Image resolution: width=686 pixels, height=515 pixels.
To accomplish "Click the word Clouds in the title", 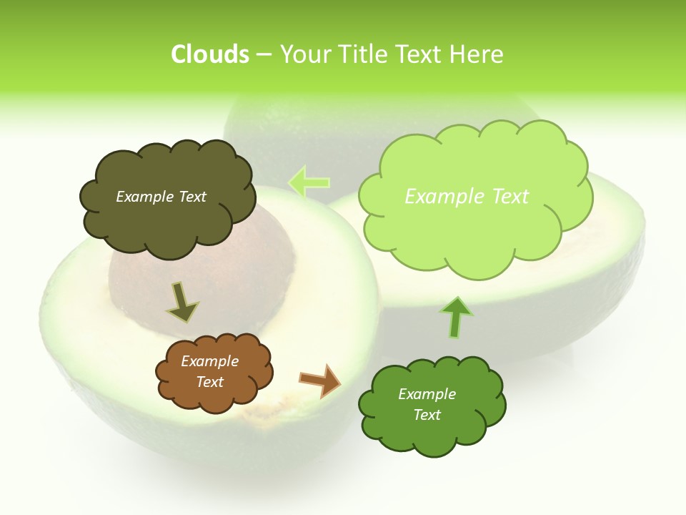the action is [x=209, y=54].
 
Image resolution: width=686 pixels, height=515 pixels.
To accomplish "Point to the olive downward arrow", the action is [x=182, y=302].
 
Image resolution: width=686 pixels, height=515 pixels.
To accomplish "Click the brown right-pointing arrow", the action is [x=320, y=380].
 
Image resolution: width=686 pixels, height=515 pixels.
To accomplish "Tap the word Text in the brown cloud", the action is [x=210, y=382].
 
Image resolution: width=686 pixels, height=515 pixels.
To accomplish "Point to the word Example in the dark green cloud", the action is [x=427, y=394].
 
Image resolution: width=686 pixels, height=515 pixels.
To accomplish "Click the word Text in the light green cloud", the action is [x=505, y=197].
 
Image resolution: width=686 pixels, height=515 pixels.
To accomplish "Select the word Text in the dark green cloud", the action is [x=427, y=415].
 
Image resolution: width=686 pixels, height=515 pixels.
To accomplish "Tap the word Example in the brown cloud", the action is [x=210, y=361].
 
